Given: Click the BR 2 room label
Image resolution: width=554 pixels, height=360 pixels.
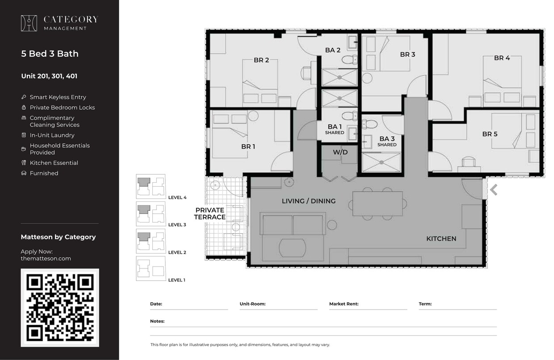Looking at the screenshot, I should [x=261, y=60].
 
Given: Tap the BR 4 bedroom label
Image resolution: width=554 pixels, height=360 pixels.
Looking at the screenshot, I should [x=502, y=58].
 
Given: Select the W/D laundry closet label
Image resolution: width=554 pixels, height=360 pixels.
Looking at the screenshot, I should [x=340, y=152].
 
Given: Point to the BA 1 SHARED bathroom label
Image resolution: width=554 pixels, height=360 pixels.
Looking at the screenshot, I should [x=335, y=129].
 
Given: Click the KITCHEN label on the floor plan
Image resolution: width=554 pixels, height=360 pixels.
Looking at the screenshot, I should [x=441, y=239].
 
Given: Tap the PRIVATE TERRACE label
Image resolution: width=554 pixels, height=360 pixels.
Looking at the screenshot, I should [x=210, y=214].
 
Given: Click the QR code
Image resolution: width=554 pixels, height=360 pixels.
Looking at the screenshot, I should [x=60, y=308].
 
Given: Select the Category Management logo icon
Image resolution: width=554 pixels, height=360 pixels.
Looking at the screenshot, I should [x=29, y=23].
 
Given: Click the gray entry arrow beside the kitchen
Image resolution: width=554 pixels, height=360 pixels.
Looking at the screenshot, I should [x=494, y=190].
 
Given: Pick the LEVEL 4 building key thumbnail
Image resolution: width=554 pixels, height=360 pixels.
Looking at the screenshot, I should [x=151, y=186].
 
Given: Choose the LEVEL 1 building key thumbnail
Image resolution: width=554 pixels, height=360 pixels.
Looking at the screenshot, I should [x=151, y=268].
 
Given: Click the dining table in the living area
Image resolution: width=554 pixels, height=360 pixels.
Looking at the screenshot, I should [x=377, y=204].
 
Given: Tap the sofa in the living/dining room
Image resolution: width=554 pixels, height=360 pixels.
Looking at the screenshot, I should [x=293, y=224].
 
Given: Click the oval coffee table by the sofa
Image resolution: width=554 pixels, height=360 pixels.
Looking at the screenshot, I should [x=293, y=247].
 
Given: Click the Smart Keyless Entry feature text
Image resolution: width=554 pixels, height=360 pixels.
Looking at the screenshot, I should [x=58, y=97].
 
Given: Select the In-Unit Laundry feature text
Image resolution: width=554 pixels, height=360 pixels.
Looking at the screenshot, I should [x=52, y=135].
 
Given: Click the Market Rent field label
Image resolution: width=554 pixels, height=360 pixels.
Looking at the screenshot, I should [x=344, y=304].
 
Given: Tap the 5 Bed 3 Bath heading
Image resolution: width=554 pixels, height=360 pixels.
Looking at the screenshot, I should [x=50, y=54].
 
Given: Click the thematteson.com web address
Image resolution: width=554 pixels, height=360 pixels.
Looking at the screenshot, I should [x=46, y=259].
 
